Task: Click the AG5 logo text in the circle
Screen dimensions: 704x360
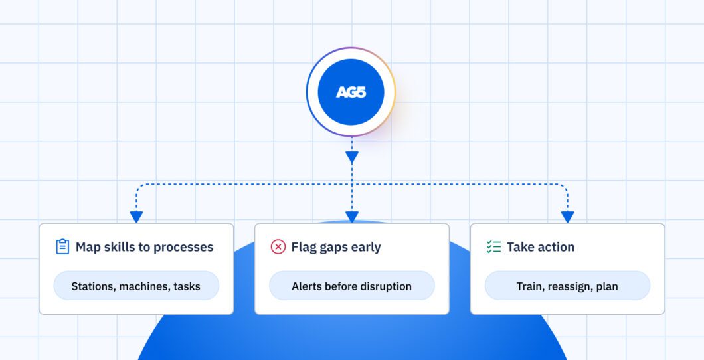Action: [351, 92]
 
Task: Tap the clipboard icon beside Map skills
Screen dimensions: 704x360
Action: [62, 247]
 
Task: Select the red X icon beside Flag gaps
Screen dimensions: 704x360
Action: [278, 247]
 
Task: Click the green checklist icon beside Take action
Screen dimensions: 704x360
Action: [494, 247]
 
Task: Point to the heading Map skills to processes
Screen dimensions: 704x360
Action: [145, 247]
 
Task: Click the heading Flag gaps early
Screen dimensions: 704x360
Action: [336, 247]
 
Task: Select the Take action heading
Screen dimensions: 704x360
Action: [541, 247]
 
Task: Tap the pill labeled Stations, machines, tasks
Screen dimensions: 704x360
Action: [136, 286]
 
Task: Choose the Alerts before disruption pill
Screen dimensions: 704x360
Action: [351, 286]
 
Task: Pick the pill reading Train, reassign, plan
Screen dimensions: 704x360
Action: [567, 286]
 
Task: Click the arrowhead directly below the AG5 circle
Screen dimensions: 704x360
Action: [351, 157]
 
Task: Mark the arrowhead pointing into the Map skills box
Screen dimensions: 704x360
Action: [136, 217]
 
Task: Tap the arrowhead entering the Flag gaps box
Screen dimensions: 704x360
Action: [351, 217]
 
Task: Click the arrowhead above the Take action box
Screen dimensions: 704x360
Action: [567, 217]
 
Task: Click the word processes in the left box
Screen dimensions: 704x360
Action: [182, 248]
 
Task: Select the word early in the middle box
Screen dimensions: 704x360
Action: [365, 248]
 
